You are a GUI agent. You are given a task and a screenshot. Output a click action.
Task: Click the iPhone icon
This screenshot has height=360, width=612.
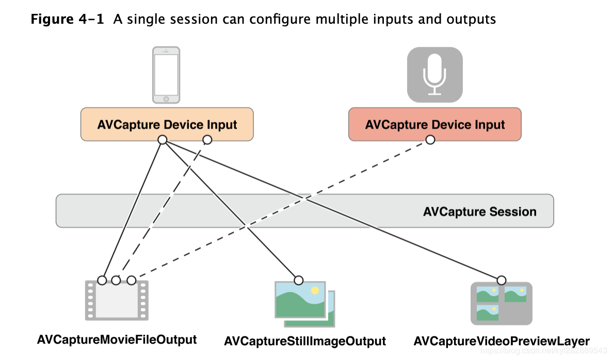(x=166, y=75)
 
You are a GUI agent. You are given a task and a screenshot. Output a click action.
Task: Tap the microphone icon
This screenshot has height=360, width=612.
(x=435, y=75)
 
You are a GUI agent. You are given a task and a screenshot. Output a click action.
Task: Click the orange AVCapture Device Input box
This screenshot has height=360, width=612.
(x=167, y=124)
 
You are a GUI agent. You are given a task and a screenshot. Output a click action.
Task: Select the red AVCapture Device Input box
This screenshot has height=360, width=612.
(x=435, y=124)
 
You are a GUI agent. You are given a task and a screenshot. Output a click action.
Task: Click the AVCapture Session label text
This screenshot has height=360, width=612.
(x=480, y=211)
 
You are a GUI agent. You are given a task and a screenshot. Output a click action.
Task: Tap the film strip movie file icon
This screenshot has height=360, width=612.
(x=117, y=300)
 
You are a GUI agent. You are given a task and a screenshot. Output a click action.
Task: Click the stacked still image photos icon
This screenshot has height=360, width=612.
(x=305, y=304)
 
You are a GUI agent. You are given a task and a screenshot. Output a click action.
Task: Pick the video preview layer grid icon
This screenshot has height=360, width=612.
(x=502, y=303)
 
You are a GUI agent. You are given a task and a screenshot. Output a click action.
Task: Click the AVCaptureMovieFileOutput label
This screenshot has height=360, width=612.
(x=117, y=339)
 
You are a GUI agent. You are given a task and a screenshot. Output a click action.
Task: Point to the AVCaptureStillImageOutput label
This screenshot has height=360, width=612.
(x=305, y=341)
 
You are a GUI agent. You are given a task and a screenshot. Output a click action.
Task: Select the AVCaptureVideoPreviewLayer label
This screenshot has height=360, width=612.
(x=502, y=341)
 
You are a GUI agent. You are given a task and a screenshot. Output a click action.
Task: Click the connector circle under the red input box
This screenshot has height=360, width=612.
(x=430, y=140)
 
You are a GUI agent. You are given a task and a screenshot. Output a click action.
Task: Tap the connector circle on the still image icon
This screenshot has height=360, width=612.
(x=299, y=280)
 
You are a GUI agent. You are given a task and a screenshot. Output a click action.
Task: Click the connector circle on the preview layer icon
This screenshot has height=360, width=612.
(x=502, y=280)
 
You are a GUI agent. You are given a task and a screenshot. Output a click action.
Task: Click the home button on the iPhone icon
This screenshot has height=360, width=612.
(x=166, y=99)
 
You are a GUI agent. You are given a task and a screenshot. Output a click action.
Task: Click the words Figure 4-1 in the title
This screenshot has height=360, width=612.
(x=67, y=19)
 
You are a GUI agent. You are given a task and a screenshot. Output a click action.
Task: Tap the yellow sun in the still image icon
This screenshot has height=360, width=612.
(x=315, y=290)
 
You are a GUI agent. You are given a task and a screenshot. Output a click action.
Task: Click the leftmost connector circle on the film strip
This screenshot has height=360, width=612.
(x=102, y=280)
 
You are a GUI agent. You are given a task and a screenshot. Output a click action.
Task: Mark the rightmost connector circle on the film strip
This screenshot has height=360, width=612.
(x=132, y=280)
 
